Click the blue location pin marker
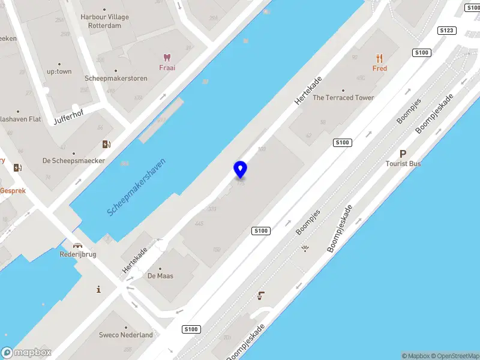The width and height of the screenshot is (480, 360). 240,170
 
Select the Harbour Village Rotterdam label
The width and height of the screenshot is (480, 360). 104,22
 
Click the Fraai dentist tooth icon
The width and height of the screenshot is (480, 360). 167,58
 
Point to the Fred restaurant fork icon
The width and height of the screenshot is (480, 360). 379,58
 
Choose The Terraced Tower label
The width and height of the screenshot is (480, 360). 343,98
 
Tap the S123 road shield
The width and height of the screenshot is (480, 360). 446,30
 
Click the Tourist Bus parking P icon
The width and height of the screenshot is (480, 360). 403,154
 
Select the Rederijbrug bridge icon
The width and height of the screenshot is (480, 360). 77,245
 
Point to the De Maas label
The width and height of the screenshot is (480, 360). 160,276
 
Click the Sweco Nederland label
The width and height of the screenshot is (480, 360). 126,335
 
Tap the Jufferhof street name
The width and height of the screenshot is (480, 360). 68,114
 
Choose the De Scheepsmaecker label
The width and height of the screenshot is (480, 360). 74,161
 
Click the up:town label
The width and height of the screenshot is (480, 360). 59,71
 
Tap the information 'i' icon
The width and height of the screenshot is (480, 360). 98,290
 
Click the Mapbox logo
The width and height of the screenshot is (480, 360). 26,353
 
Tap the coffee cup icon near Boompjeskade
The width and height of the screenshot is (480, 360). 261,295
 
